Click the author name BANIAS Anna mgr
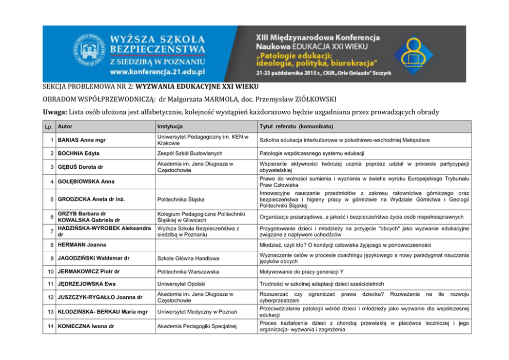click(80, 140)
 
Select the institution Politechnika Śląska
click(174, 199)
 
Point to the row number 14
click(50, 326)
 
